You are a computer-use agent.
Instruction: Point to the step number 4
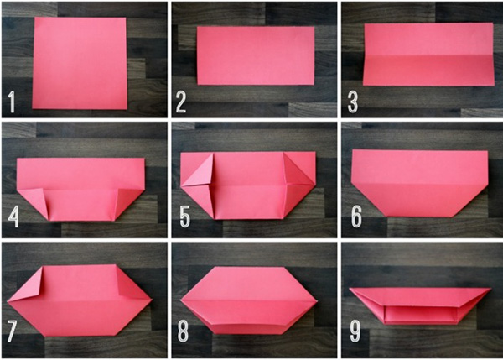(x=13, y=218)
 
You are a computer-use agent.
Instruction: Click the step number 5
(x=184, y=218)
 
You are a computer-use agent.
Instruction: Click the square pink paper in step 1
(x=80, y=63)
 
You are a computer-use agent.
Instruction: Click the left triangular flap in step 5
(x=197, y=171)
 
